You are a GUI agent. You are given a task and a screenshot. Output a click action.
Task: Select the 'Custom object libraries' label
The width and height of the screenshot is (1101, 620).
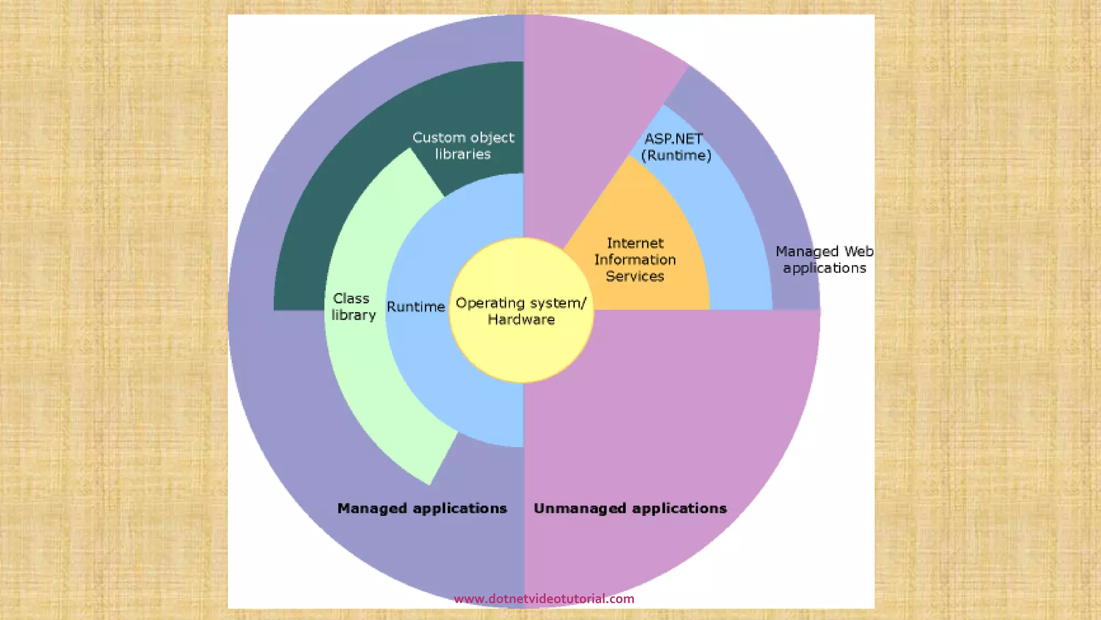463,146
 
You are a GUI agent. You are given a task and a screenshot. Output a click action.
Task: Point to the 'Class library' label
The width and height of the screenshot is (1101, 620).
353,307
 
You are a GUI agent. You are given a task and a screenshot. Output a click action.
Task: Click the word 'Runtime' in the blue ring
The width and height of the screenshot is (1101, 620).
416,307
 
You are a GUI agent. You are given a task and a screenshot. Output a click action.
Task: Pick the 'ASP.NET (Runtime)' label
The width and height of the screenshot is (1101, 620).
676,147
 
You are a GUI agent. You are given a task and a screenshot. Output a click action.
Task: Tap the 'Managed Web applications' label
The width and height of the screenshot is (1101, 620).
824,259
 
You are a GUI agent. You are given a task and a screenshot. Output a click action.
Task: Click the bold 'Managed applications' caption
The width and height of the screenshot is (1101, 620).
422,509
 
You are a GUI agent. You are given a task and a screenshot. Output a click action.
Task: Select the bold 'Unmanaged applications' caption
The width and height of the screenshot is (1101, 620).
630,509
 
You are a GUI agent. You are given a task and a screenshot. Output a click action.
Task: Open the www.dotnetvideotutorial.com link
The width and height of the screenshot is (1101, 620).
544,598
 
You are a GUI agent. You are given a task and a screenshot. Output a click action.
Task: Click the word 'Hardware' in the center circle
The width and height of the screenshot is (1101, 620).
521,320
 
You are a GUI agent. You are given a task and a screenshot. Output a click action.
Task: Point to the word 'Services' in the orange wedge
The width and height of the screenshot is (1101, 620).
635,276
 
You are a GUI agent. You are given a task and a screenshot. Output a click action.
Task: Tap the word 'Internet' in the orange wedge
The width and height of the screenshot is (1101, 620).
635,243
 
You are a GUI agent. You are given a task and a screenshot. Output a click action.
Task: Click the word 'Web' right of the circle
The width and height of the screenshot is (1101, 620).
859,251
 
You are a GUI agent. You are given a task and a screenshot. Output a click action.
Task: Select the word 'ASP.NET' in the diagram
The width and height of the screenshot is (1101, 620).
673,139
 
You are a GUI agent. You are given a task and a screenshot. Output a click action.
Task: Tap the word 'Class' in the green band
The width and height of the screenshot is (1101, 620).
351,298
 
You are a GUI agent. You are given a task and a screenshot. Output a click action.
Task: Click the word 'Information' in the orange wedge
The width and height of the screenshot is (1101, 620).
635,259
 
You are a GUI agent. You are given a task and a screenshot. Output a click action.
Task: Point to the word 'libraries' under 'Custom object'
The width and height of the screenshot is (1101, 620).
463,154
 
